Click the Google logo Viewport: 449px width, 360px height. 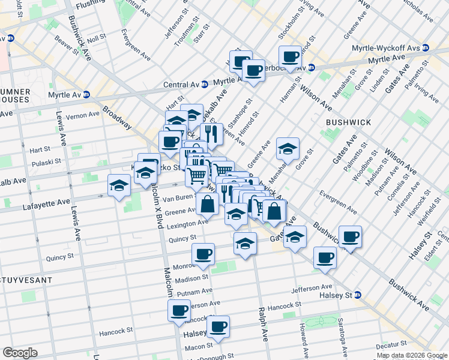click(20, 352)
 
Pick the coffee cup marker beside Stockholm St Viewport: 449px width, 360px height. click(291, 57)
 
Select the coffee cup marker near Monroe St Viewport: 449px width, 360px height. click(203, 254)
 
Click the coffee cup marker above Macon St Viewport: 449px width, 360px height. click(217, 327)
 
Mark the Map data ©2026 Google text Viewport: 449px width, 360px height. click(412, 355)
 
